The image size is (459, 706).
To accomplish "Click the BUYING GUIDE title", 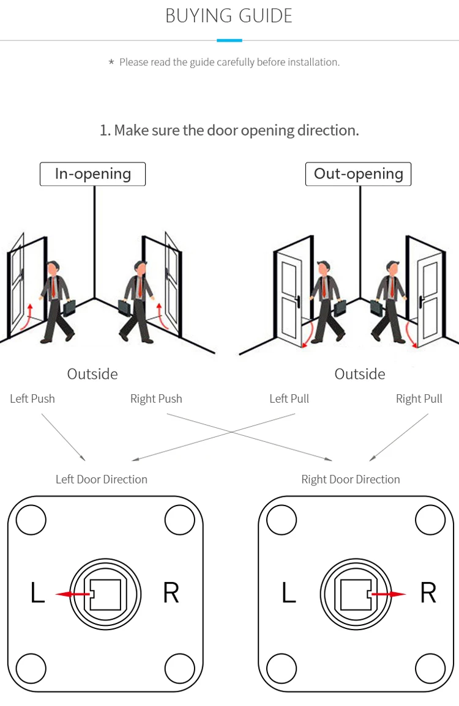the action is pos(229,16).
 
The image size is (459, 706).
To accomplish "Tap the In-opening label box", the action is pos(92,174).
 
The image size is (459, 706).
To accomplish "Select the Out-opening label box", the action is pos(358,174).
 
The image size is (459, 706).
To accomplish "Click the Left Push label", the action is pos(32,399).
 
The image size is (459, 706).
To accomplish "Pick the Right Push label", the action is pos(156,399).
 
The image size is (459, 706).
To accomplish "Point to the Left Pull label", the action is pos(289,399).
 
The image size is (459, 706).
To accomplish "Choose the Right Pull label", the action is pos(419,399).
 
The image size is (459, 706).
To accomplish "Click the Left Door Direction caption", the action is pos(102,479).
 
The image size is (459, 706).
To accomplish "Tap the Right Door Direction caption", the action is pos(351,479).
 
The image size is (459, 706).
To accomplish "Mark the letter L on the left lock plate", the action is pos(38,593).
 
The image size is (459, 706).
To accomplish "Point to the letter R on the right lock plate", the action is pos(428,593).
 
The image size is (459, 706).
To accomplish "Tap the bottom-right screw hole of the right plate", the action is pos(430,668).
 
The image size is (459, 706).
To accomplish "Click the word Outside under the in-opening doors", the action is pos(92,374).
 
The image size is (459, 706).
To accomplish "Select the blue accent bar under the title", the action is pos(229,40).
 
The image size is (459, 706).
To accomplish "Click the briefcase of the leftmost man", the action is pos(69,307).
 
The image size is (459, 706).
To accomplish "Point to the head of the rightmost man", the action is pos(392,268).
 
